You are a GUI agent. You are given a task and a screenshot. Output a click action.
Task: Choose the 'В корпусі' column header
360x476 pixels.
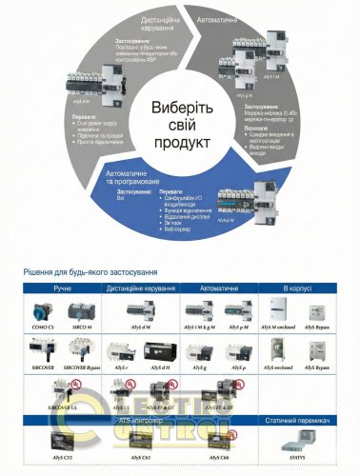click(x=302, y=285)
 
